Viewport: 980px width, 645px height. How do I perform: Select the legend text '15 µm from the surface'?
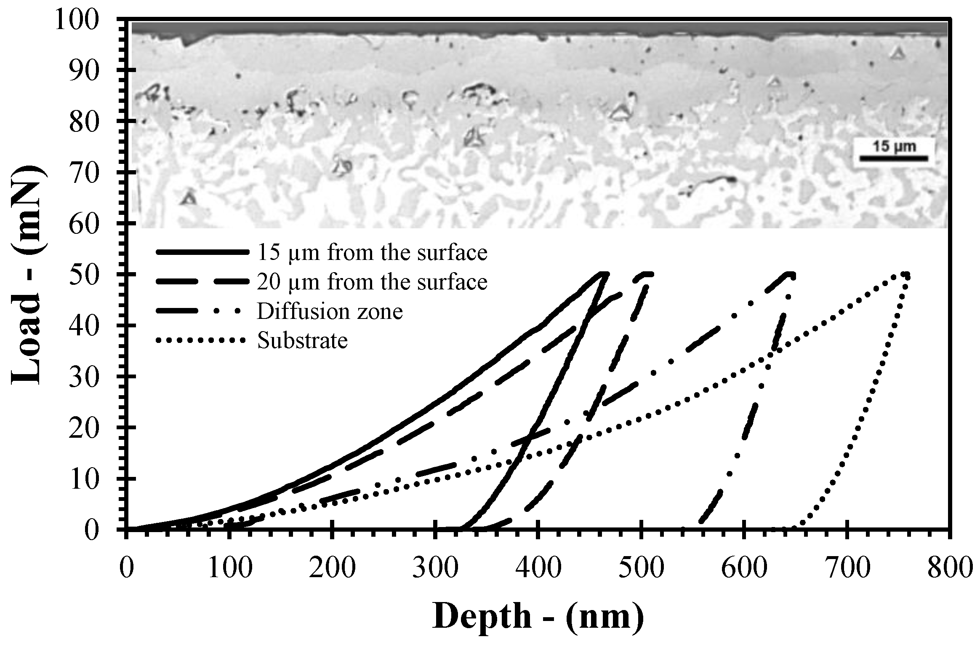tap(372, 253)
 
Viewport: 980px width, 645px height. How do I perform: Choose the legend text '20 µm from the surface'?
tap(372, 282)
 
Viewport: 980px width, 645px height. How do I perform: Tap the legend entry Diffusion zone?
tap(330, 311)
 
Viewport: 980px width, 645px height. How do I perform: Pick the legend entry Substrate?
tap(303, 340)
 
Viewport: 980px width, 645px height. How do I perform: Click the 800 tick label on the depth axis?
tap(949, 568)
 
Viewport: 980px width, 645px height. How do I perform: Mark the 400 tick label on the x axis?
tap(538, 568)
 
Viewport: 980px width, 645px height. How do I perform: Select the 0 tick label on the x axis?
tap(127, 568)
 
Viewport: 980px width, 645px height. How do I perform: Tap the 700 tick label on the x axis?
tap(846, 568)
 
